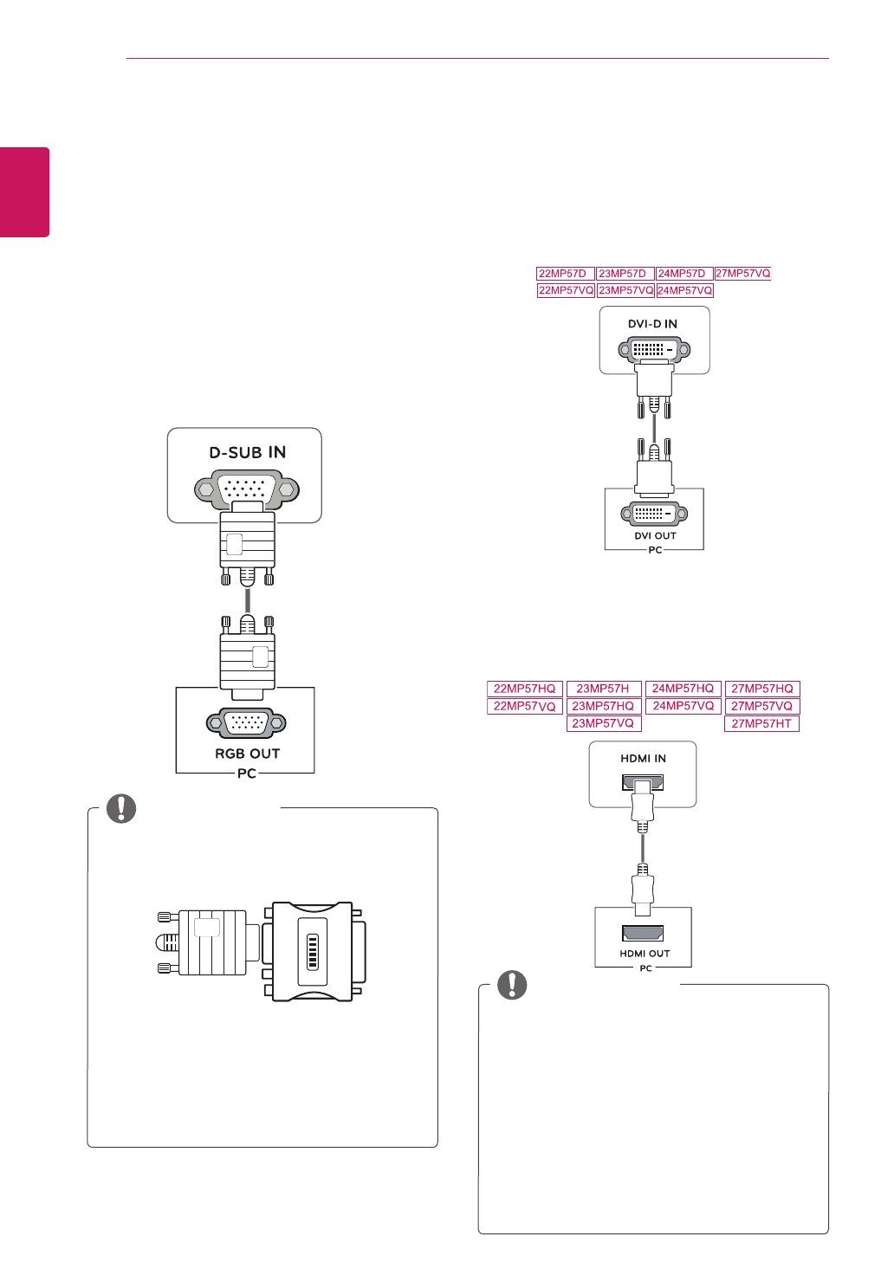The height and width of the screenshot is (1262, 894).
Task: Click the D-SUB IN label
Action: [247, 452]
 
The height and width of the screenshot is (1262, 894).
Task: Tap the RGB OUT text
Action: [247, 754]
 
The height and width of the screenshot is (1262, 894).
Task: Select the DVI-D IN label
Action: [652, 324]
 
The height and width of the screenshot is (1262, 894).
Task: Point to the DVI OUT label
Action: [655, 536]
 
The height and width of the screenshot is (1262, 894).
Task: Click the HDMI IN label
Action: [643, 759]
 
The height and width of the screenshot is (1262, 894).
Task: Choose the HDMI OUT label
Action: [645, 954]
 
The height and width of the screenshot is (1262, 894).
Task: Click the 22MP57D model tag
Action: [562, 274]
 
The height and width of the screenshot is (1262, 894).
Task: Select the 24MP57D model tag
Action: [682, 274]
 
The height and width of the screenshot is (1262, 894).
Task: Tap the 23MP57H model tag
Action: [603, 689]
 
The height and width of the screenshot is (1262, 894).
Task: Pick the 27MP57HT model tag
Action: [761, 723]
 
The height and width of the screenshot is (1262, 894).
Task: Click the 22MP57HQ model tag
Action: [524, 689]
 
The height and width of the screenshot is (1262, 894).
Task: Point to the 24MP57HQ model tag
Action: [683, 689]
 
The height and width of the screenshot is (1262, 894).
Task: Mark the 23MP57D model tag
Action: [622, 274]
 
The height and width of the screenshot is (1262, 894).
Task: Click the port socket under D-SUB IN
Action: [247, 489]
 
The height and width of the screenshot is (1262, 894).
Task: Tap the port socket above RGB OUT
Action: [247, 722]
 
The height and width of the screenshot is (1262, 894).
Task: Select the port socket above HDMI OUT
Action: [643, 933]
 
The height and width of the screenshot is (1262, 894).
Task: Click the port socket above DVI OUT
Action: [654, 514]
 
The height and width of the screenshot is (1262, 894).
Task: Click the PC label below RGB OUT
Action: [247, 773]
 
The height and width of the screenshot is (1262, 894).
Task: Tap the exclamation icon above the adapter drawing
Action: [121, 808]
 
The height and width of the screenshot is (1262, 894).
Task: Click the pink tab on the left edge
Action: [24, 192]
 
